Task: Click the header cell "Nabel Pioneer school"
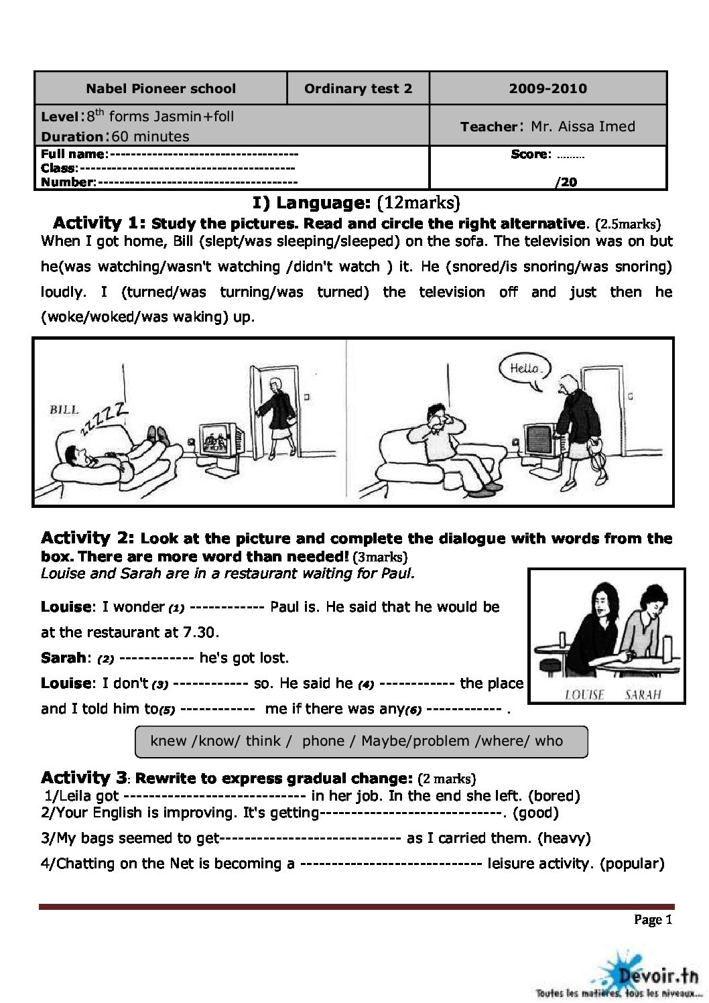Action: click(161, 88)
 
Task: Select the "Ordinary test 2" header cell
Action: click(358, 88)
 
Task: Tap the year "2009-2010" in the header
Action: click(547, 88)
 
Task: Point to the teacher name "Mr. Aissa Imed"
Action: click(582, 126)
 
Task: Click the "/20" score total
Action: click(566, 182)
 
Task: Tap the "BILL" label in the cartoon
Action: click(64, 409)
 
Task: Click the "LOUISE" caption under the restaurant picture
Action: click(584, 694)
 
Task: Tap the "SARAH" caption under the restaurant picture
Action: click(642, 694)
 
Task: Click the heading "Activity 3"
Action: click(83, 778)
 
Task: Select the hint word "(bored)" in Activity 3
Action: click(554, 796)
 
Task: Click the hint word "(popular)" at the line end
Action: click(632, 863)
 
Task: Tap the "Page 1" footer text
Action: click(652, 920)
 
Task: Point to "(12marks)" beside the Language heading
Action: click(418, 203)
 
